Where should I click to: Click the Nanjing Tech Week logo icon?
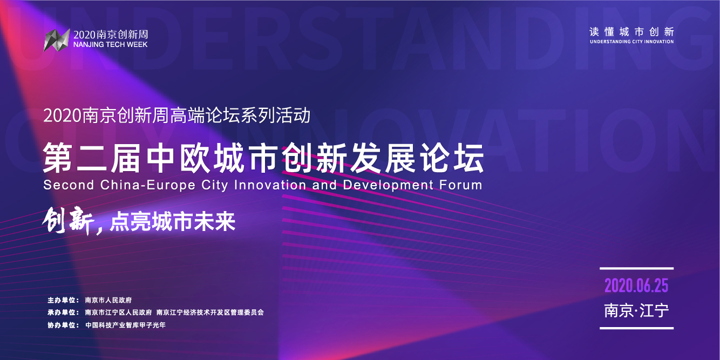57,39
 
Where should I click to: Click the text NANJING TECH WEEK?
110,45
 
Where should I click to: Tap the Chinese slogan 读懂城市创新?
631,32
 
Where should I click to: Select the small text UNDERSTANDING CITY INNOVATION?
631,42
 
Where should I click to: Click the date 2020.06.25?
636,286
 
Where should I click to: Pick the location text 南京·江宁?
636,311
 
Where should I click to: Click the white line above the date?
636,268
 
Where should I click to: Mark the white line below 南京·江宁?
636,328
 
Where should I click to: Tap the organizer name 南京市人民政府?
108,300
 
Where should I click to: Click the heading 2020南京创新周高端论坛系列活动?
177,115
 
